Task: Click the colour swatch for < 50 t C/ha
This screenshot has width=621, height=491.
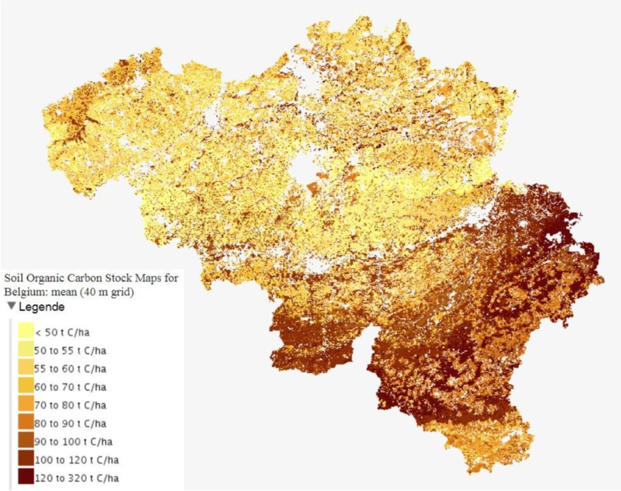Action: pyautogui.click(x=26, y=331)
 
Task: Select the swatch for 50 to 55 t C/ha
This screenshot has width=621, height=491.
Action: pyautogui.click(x=26, y=350)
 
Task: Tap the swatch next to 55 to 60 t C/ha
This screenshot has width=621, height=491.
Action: pyautogui.click(x=26, y=368)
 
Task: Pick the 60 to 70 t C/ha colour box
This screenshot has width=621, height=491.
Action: pyautogui.click(x=26, y=386)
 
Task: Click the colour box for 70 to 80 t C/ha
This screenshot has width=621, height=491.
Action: pyautogui.click(x=26, y=404)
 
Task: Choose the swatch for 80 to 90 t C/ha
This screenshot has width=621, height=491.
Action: pyautogui.click(x=26, y=422)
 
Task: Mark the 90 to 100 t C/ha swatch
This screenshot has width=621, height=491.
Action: pyautogui.click(x=26, y=441)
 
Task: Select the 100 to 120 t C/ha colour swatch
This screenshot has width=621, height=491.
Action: pyautogui.click(x=26, y=459)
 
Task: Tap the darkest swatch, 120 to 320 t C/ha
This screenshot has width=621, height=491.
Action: pyautogui.click(x=26, y=477)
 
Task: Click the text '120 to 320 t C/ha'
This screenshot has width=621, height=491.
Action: pyautogui.click(x=77, y=478)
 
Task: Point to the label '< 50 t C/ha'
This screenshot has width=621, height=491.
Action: pyautogui.click(x=63, y=332)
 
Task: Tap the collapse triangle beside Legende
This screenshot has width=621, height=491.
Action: pyautogui.click(x=12, y=306)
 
